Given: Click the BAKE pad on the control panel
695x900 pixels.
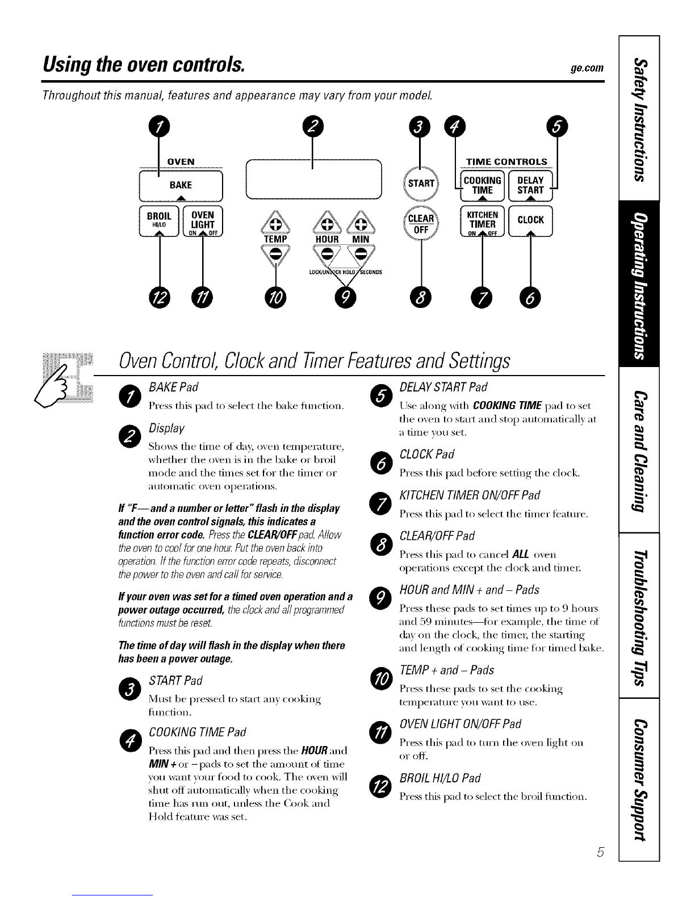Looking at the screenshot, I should (x=181, y=186).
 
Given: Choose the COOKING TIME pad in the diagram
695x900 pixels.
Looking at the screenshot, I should (x=483, y=185).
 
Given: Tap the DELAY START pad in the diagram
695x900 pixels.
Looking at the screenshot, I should (x=530, y=185).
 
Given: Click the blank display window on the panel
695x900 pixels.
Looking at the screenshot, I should (x=313, y=179).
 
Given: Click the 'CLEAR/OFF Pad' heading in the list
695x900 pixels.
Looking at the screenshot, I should (x=437, y=536).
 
